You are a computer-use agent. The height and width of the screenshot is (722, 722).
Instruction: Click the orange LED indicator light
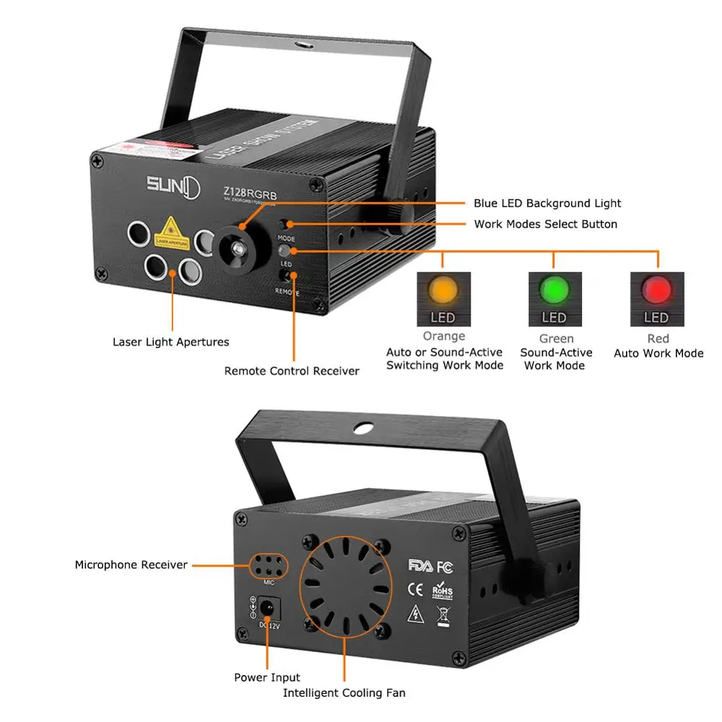pos(444,290)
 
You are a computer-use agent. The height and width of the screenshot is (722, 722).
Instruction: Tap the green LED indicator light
pos(554,290)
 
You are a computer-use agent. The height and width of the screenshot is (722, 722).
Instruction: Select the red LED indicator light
pos(656,290)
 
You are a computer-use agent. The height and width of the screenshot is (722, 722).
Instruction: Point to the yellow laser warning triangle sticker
pos(172,230)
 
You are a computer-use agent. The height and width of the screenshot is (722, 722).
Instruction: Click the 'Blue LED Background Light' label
pos(547,204)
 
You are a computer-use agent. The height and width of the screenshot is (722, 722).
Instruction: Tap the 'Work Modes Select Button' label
pos(546,224)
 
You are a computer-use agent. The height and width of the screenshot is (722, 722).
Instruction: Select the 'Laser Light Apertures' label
pos(170,342)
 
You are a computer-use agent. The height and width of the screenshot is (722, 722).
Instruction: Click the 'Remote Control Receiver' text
pos(292,371)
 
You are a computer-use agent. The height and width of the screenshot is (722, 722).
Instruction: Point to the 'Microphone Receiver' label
pos(131,565)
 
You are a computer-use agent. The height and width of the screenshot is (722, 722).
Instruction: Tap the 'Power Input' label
pos(267,677)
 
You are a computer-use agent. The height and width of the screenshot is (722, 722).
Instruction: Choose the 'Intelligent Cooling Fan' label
pos(344,693)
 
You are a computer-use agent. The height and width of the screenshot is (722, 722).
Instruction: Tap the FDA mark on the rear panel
pos(420,564)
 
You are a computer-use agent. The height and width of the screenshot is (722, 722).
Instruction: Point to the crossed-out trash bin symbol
pos(443,614)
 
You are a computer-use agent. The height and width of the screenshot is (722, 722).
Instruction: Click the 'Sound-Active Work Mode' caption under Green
pos(556,359)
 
